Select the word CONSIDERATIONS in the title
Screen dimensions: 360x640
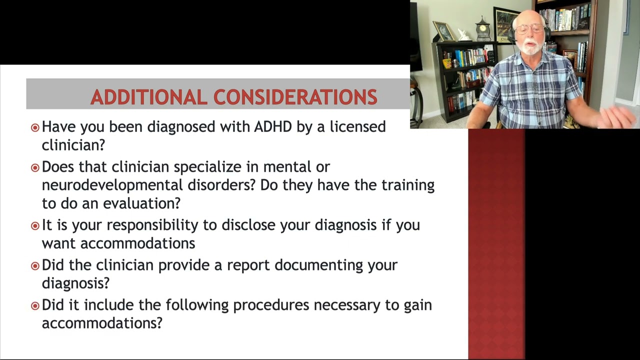295,97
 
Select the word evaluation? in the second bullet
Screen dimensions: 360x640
141,203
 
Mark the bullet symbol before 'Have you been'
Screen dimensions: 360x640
34,127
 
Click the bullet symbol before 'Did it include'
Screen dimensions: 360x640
34,305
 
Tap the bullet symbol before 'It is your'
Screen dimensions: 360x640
34,226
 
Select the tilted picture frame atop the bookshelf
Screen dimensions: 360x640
443,31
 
